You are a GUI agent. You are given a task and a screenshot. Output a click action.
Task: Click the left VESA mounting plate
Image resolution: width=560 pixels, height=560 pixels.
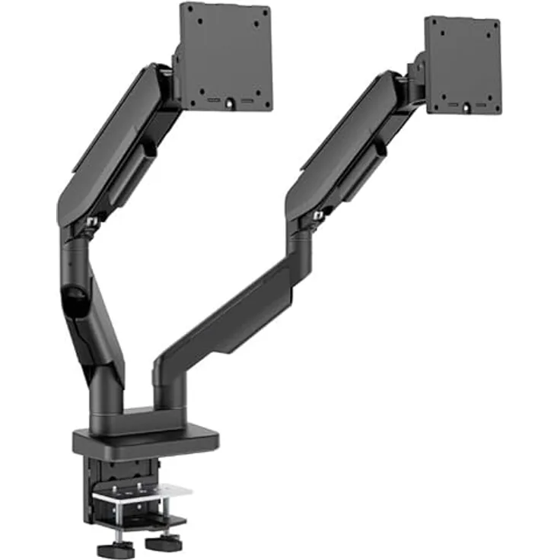click(225, 57)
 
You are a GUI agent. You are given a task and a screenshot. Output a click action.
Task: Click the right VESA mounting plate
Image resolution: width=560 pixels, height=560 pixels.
click(463, 65)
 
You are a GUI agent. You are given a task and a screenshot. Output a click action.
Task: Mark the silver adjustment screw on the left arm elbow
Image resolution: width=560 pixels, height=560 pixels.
click(92, 221)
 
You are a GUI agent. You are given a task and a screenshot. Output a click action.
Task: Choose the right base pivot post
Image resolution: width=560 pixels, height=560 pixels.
click(170, 388)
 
